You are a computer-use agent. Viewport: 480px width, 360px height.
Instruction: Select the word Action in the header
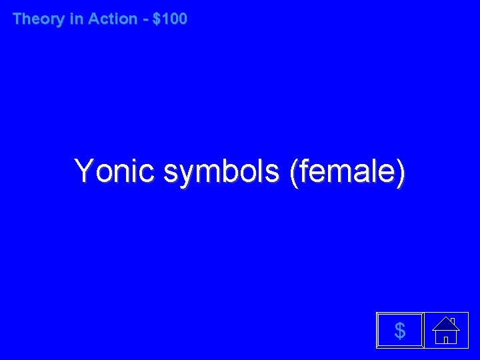coord(112,19)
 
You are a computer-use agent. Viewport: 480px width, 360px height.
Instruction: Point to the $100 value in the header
coord(170,19)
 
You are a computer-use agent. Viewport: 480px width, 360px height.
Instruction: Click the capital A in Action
coord(93,19)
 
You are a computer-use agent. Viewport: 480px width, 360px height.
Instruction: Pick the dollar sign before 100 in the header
coord(157,19)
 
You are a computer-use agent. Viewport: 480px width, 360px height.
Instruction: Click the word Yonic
coord(115,171)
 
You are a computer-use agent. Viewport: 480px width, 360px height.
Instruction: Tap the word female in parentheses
coord(347,171)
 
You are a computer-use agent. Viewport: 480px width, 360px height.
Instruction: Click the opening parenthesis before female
coord(294,172)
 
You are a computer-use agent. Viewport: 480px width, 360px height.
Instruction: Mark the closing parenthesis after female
coord(400,172)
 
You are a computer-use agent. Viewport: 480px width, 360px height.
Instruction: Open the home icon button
coord(445,330)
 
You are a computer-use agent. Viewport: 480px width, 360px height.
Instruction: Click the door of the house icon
coord(445,338)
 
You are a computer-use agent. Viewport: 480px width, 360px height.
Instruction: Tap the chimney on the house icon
coord(453,321)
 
